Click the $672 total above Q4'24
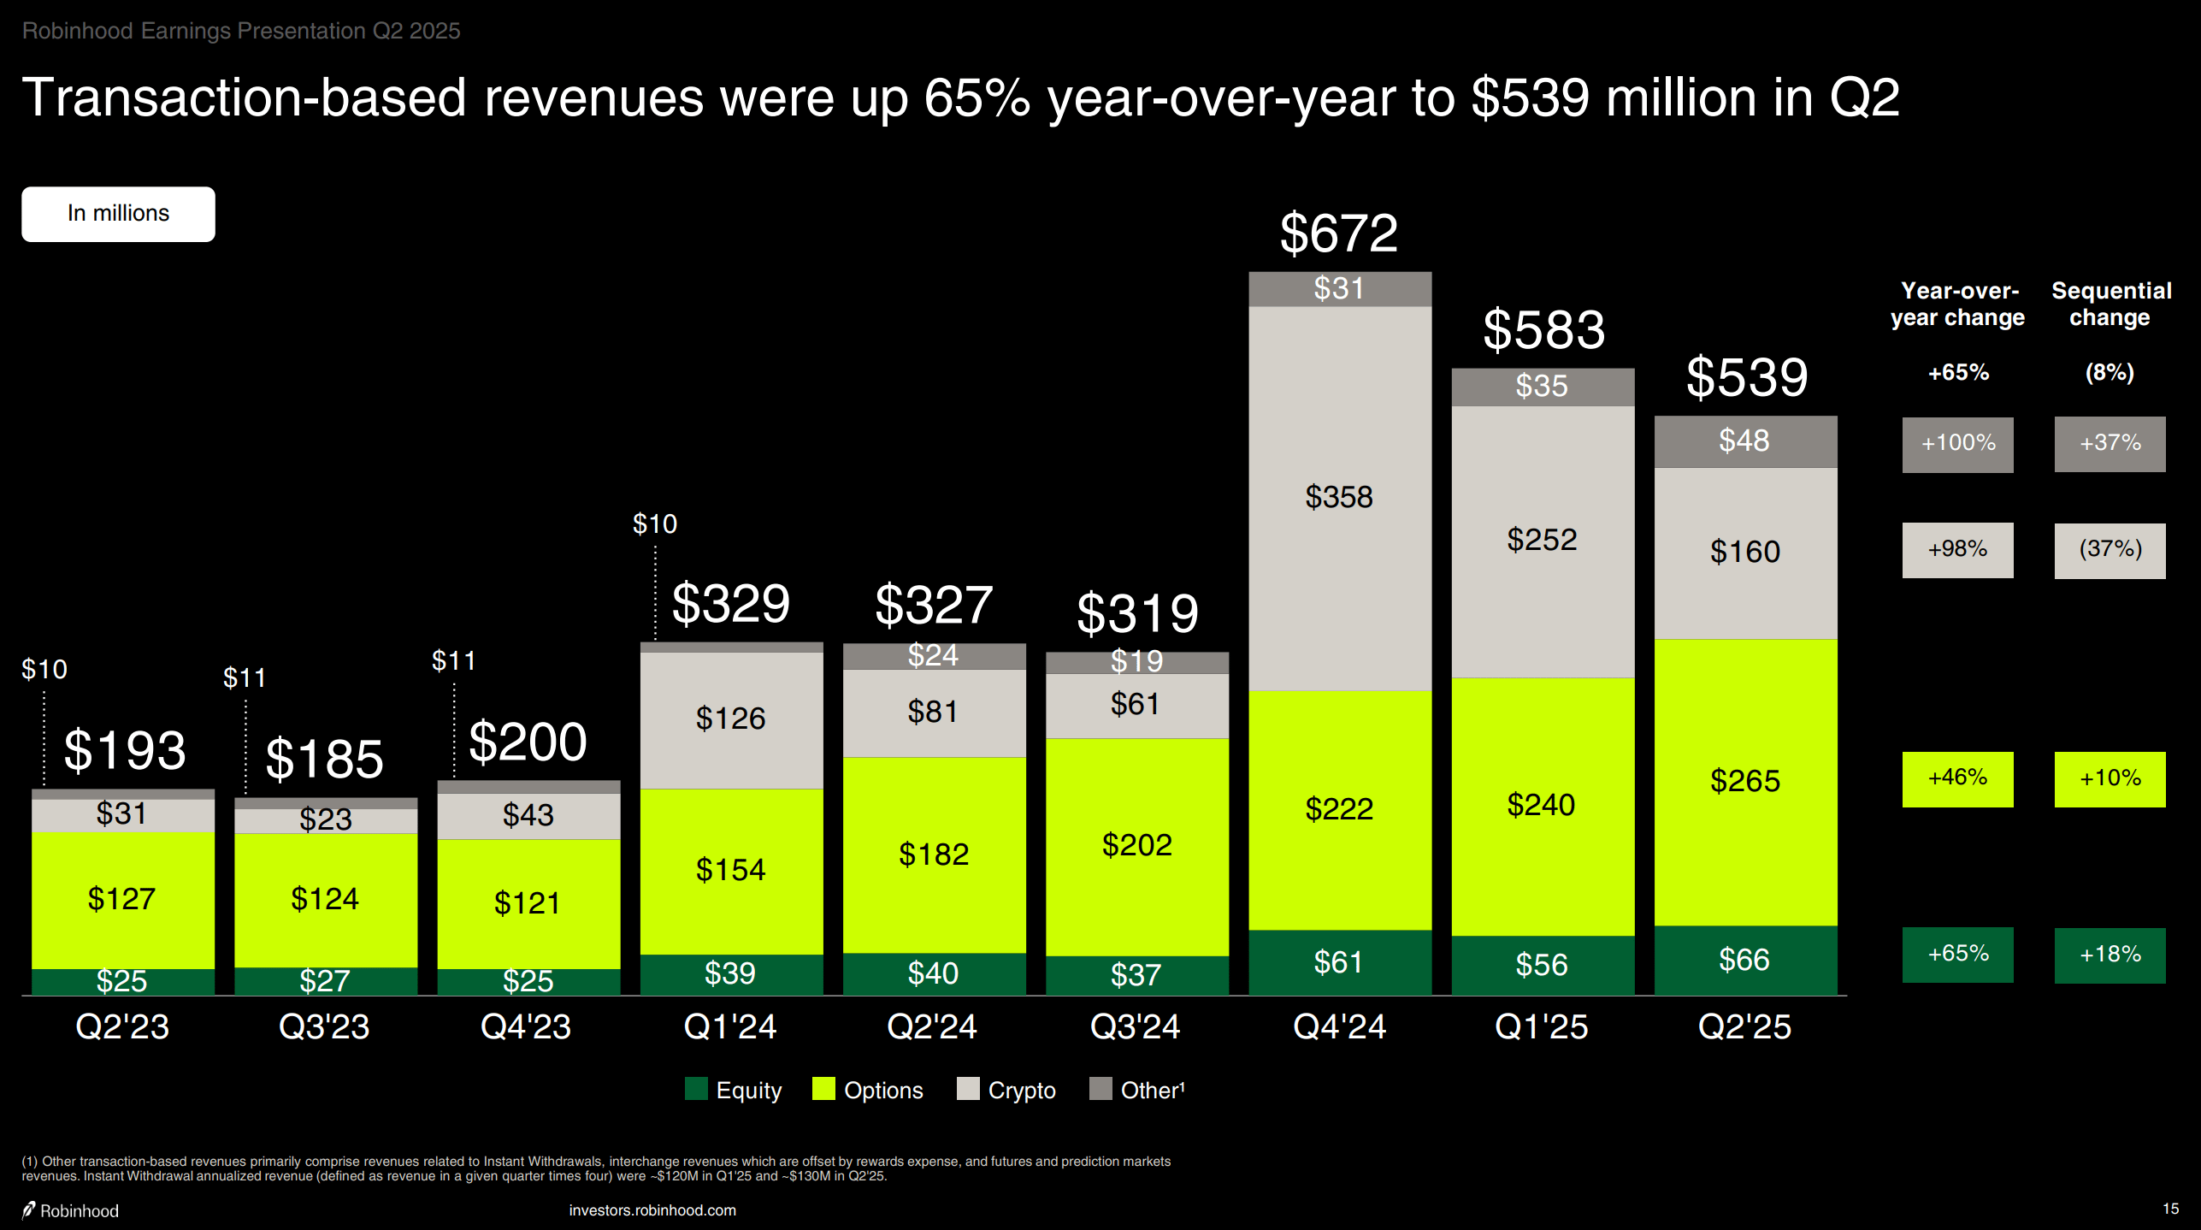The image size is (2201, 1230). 1338,233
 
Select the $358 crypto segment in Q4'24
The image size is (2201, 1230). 1339,497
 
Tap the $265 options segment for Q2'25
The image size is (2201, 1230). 1744,781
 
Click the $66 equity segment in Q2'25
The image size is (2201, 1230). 1744,960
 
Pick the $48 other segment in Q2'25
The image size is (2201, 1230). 1744,441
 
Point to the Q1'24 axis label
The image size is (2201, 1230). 730,1026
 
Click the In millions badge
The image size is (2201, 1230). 118,214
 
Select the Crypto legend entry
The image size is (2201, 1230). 1006,1090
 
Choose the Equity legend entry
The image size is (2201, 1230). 734,1090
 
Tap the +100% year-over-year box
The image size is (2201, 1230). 1957,444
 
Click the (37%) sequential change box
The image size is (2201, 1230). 2110,550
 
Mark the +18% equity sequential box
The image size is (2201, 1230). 2110,955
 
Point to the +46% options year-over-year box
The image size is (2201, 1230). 1957,778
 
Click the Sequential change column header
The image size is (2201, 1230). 2110,304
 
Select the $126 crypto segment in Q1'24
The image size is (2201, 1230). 730,718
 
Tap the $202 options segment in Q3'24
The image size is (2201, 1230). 1136,845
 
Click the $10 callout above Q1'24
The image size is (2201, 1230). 655,523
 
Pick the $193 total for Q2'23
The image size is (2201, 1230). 125,750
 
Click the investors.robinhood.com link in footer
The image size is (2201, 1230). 652,1210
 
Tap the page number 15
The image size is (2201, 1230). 2170,1209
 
